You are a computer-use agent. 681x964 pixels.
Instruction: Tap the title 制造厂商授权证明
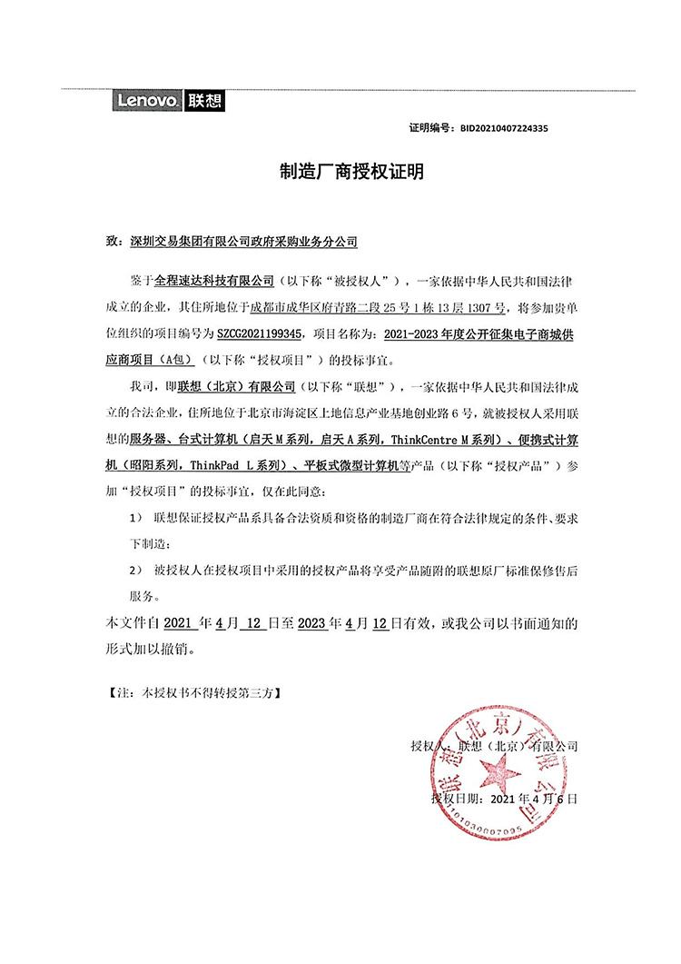pos(339,172)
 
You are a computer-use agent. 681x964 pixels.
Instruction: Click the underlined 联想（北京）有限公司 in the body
pos(237,385)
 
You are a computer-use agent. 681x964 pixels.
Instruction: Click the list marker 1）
pos(136,517)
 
